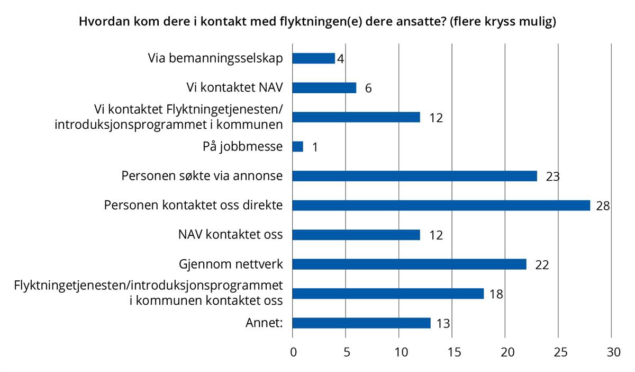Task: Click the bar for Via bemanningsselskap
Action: tap(314, 58)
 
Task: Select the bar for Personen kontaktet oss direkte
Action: tap(441, 205)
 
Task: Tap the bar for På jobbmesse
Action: tap(298, 146)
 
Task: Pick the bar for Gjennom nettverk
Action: tap(410, 264)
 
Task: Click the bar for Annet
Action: tap(361, 323)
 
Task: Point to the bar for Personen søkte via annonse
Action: tap(415, 176)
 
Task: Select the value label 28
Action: tap(603, 206)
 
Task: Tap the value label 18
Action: tap(496, 294)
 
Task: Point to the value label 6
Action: tap(368, 88)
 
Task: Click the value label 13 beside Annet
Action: tap(443, 323)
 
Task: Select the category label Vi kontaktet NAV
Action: tap(234, 87)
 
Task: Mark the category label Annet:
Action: tap(263, 322)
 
